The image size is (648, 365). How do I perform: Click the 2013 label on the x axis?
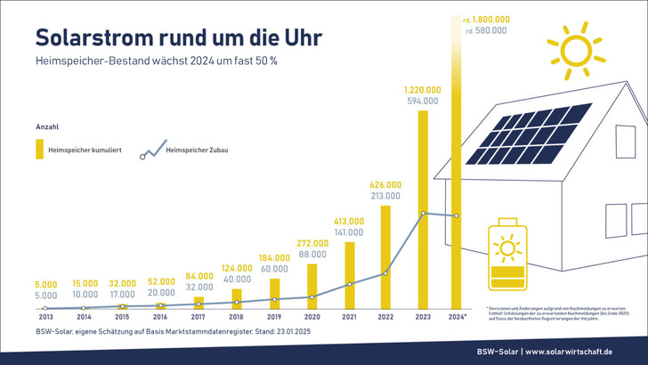coord(45,316)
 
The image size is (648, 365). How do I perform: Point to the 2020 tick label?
coord(311,316)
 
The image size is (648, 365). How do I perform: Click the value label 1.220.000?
coord(423,90)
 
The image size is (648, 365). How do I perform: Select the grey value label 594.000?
coord(423,101)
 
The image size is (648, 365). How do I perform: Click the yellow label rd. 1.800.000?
coord(486,18)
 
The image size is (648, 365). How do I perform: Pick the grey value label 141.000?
coord(348,232)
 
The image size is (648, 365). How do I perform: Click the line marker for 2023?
coord(423,213)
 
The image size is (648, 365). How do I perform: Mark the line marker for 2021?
coord(349,284)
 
